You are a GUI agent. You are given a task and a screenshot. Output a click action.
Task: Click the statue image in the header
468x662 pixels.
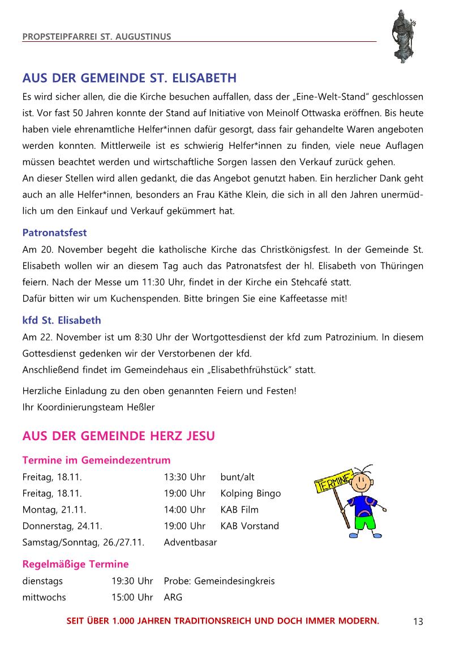pyautogui.click(x=404, y=35)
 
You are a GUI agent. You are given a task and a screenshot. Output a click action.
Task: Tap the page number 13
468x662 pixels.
pyautogui.click(x=418, y=622)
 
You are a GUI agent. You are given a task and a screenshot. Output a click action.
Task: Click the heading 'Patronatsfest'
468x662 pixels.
pyautogui.click(x=54, y=233)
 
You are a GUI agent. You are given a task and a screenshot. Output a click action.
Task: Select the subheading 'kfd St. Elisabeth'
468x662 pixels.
pyautogui.click(x=62, y=320)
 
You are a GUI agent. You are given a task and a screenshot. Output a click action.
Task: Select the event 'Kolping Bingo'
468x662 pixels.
pyautogui.click(x=250, y=493)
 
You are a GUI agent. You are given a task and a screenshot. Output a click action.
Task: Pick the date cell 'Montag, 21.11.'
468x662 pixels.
pyautogui.click(x=54, y=510)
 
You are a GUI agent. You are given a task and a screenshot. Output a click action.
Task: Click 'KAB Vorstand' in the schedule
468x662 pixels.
pyautogui.click(x=250, y=526)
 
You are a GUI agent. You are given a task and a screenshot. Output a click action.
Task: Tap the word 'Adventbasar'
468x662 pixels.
pyautogui.click(x=190, y=543)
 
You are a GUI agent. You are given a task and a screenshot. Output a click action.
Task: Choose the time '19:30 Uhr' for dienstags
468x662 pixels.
pyautogui.click(x=132, y=581)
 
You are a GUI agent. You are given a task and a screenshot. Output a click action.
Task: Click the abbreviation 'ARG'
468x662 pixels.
pyautogui.click(x=173, y=597)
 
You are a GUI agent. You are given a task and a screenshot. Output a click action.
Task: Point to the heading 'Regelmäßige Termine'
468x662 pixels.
pyautogui.click(x=75, y=564)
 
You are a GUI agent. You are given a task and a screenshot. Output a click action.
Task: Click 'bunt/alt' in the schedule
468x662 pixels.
pyautogui.click(x=237, y=477)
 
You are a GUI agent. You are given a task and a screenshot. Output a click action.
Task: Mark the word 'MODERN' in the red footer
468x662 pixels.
pyautogui.click(x=358, y=621)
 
